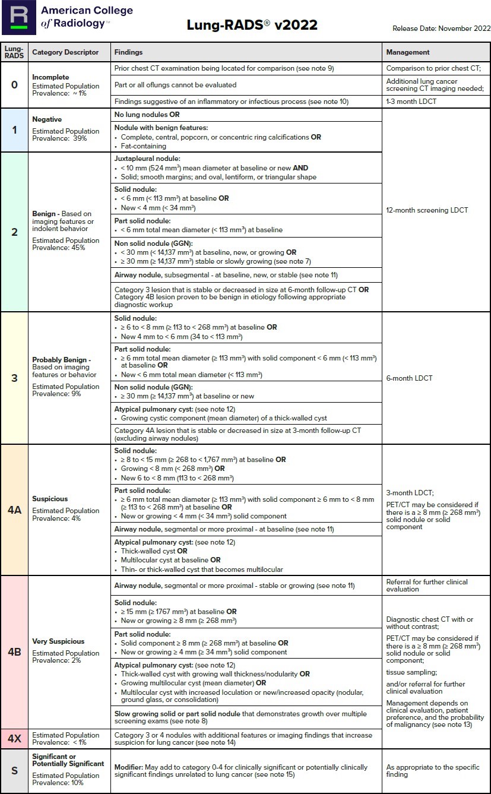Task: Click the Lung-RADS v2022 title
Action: click(x=252, y=25)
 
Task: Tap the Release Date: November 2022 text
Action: click(x=441, y=29)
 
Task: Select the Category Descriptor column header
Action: click(x=65, y=52)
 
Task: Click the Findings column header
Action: click(x=128, y=52)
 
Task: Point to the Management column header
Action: click(x=408, y=52)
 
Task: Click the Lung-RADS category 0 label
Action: click(x=14, y=84)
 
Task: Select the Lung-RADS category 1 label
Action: click(x=14, y=129)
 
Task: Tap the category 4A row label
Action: click(x=14, y=510)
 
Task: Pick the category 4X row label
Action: click(x=14, y=738)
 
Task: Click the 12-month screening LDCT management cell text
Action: click(x=427, y=210)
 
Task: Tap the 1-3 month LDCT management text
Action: click(x=410, y=102)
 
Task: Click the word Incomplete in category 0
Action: click(x=50, y=77)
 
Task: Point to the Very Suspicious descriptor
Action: click(x=58, y=641)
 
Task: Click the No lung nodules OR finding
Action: click(x=147, y=115)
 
